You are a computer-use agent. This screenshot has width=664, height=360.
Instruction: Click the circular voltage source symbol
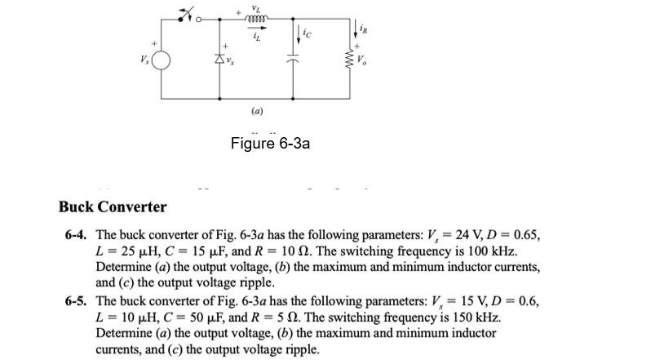pyautogui.click(x=162, y=61)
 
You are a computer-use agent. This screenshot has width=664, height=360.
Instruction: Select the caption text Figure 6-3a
pyautogui.click(x=270, y=144)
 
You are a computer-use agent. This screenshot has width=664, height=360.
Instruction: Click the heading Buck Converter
pyautogui.click(x=113, y=207)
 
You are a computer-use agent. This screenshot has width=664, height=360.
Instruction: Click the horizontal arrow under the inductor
pyautogui.click(x=260, y=26)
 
